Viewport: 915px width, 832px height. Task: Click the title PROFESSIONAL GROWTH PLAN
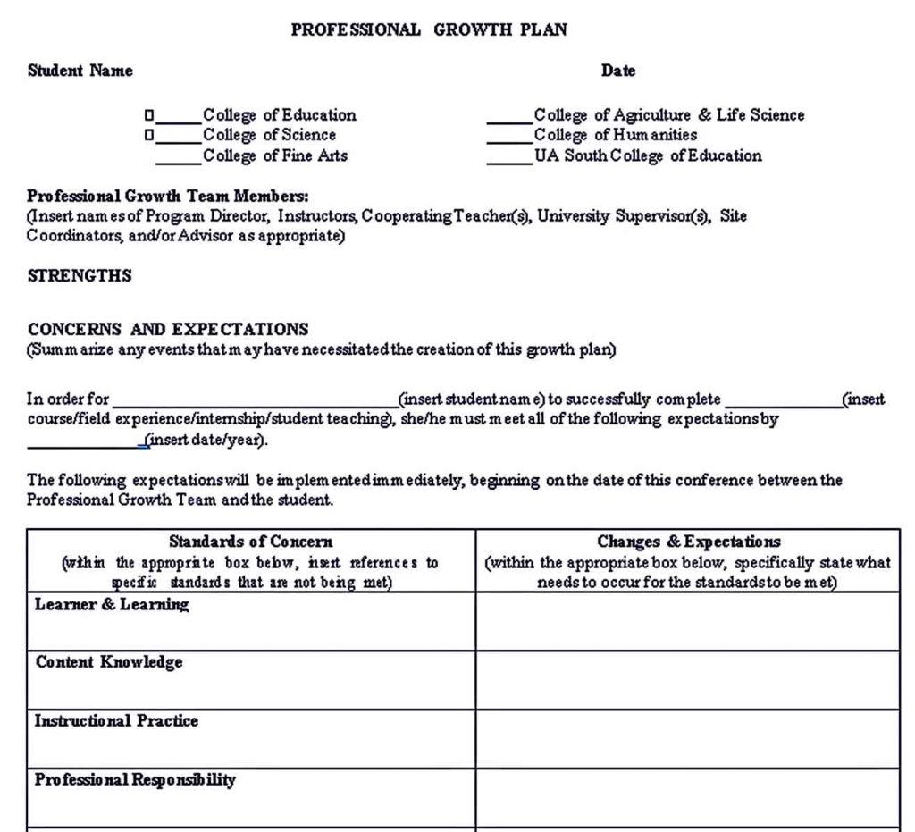tap(429, 29)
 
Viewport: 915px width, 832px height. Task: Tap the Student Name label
tap(80, 71)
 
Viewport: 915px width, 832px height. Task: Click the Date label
tap(618, 71)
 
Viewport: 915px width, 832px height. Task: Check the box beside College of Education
tap(149, 115)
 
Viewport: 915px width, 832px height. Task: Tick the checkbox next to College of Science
tap(149, 136)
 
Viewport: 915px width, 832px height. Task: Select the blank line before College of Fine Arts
tap(178, 161)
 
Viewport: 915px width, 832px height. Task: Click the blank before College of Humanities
tap(508, 140)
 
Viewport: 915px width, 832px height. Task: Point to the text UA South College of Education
tap(648, 156)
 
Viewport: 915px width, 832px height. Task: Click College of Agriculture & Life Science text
tap(668, 115)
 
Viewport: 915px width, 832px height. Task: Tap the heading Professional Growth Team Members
tap(168, 197)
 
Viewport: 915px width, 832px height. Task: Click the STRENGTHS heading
tap(80, 276)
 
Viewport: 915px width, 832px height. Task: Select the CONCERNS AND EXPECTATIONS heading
tap(168, 329)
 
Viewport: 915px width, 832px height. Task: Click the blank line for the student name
tap(255, 403)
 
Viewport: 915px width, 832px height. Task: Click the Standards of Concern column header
tap(251, 542)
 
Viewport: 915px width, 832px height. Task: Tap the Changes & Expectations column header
tap(688, 542)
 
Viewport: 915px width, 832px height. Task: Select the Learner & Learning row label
tap(112, 605)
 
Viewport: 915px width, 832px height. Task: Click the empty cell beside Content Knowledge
tap(688, 680)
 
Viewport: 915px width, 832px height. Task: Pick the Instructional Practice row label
tap(116, 721)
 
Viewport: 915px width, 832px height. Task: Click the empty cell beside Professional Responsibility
tap(688, 797)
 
